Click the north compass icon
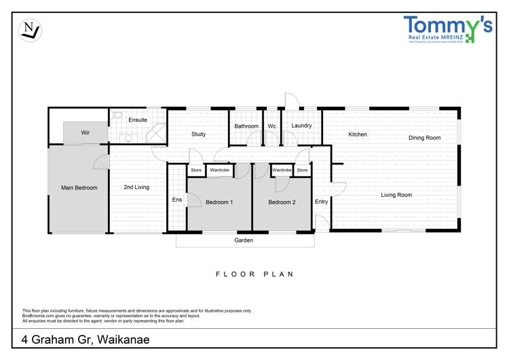pos(30,29)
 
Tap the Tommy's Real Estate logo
pos(447,30)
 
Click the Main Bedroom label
pos(79,187)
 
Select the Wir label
pos(86,132)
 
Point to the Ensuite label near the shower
pos(138,120)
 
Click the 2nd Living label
pos(136,187)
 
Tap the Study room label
pos(198,134)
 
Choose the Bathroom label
pos(246,126)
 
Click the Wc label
pos(271,126)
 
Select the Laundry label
pos(301,126)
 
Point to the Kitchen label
pos(358,134)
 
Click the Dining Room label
pos(424,138)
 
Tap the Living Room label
pos(396,195)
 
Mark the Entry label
pos(321,202)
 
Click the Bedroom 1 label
pos(219,202)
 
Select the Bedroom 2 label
pos(282,202)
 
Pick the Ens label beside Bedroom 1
pos(176,200)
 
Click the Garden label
pos(244,240)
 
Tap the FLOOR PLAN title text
pos(254,274)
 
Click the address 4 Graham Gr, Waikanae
pos(86,339)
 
